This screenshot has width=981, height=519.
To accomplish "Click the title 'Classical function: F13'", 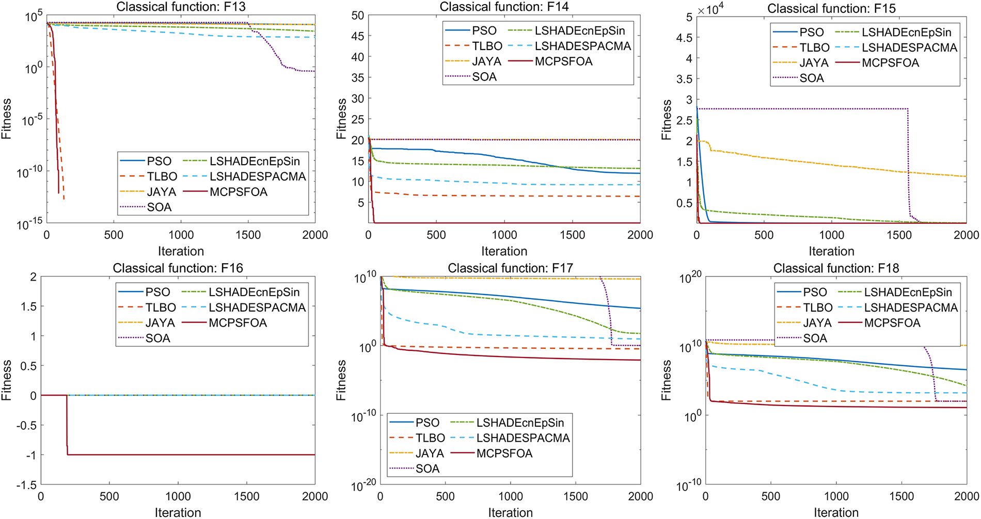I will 181,7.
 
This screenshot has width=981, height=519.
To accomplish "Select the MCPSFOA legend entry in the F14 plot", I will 563,61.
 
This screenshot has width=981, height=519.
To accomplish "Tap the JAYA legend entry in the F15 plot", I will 814,63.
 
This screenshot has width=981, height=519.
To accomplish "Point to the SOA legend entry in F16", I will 157,338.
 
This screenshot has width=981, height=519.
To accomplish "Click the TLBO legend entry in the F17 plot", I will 430,438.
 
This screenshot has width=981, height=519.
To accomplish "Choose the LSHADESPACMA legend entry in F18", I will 911,307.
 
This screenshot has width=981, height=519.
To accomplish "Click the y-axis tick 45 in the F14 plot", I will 358,36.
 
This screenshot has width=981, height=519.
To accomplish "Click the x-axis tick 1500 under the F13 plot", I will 248,235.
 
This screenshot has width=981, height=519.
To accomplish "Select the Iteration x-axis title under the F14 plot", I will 504,251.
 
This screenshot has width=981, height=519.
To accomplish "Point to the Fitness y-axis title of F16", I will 6,380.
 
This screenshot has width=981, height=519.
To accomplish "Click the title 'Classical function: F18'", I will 836,268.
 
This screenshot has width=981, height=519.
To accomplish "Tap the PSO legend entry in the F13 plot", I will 159,161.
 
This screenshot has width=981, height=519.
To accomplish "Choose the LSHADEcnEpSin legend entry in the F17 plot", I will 520,423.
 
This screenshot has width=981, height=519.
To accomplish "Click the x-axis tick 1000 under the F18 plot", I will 836,496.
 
